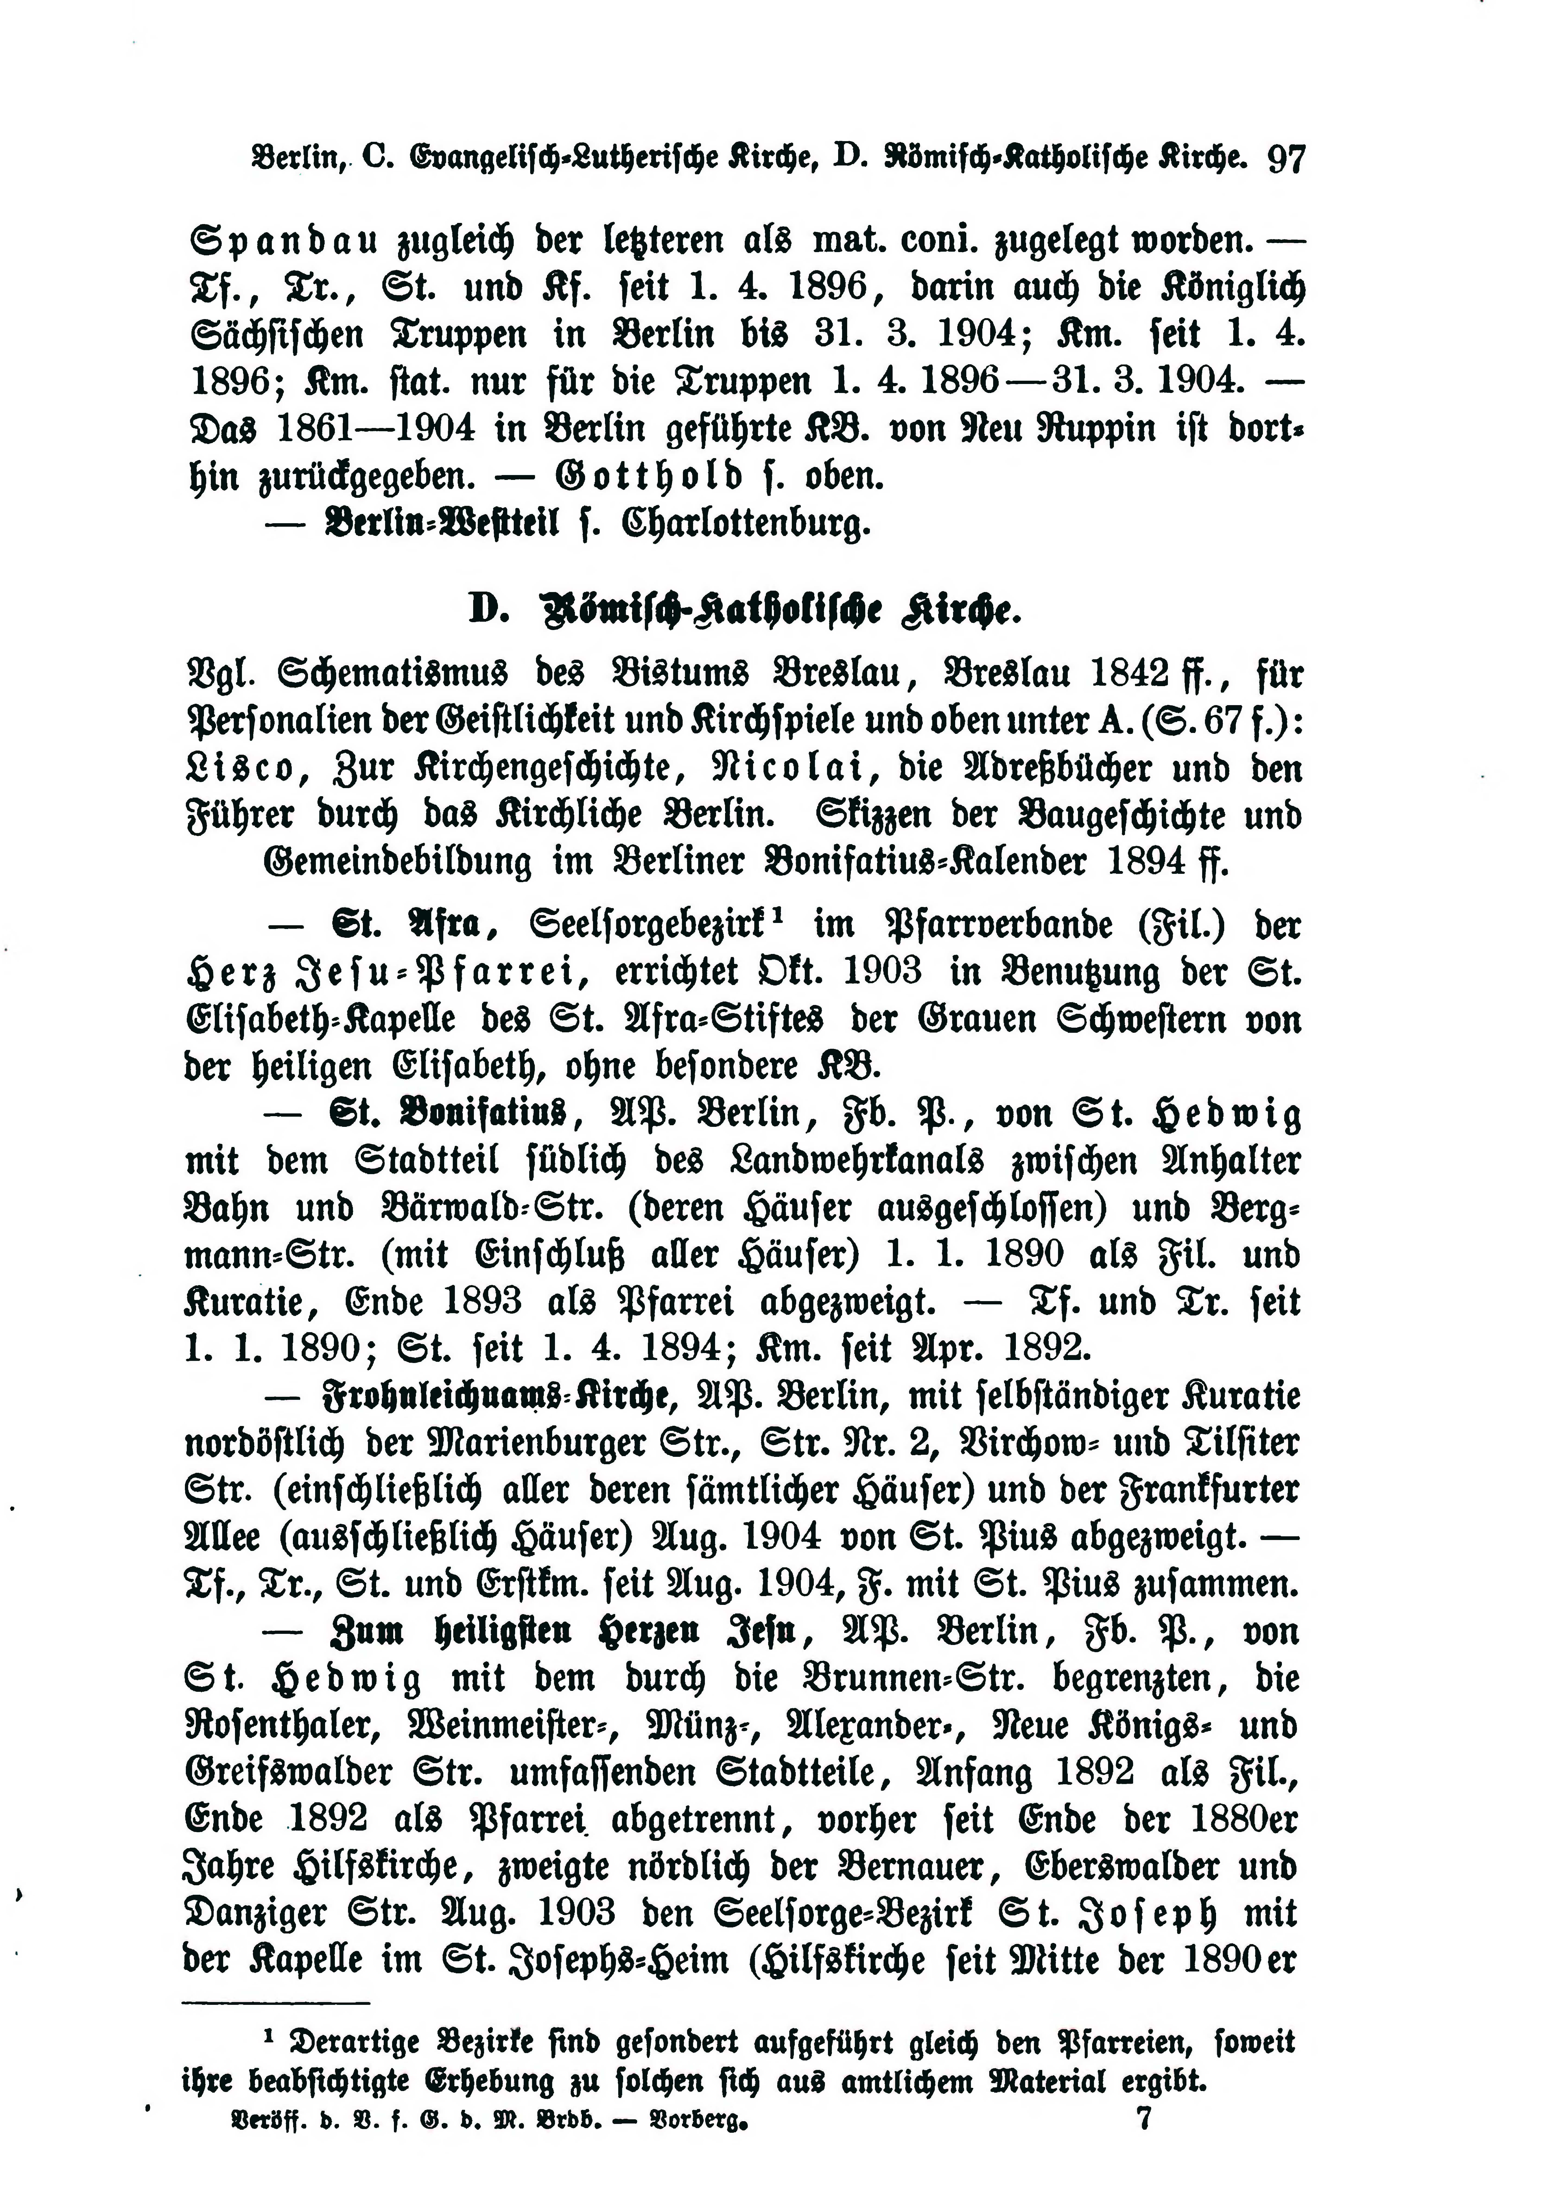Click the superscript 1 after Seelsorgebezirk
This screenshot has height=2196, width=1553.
[778, 915]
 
